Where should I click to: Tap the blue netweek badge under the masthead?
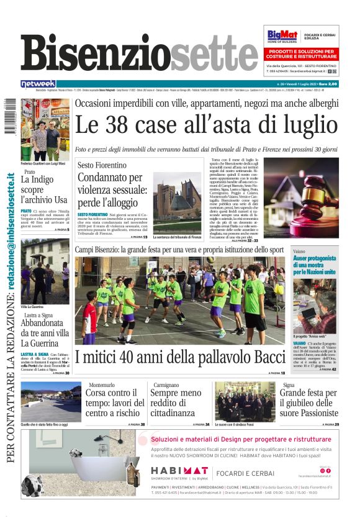(38, 84)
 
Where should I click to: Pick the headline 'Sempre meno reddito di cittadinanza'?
(176, 403)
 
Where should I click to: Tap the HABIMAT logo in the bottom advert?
(179, 470)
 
